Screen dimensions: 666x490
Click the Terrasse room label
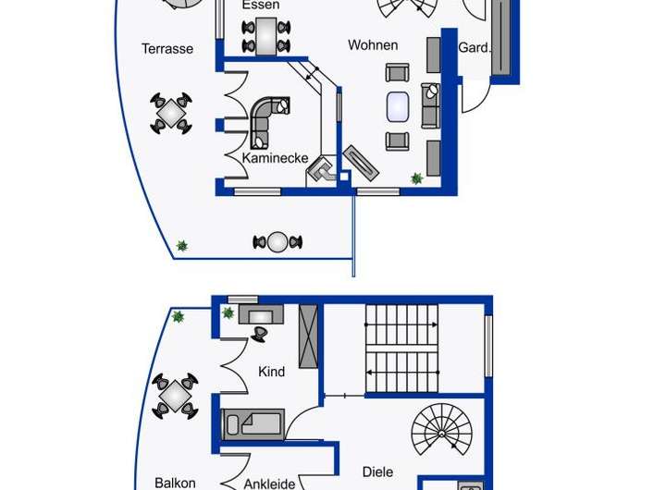[167, 49]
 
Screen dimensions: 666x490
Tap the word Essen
[261, 6]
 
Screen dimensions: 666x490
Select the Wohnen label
[373, 44]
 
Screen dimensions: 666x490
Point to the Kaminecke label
[275, 158]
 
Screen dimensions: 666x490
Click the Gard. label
[475, 47]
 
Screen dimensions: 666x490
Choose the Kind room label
[272, 372]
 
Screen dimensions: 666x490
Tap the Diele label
[377, 471]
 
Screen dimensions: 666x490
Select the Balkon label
[175, 483]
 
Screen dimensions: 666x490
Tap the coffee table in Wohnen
[399, 106]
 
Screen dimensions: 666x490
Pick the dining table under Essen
[265, 36]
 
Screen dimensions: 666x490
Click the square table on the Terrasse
[172, 113]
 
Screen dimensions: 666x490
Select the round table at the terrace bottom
[277, 242]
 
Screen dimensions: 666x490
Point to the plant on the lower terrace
[182, 246]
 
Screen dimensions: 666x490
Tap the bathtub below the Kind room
[253, 424]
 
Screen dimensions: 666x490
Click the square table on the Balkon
[175, 396]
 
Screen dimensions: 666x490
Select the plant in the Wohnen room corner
[417, 178]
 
